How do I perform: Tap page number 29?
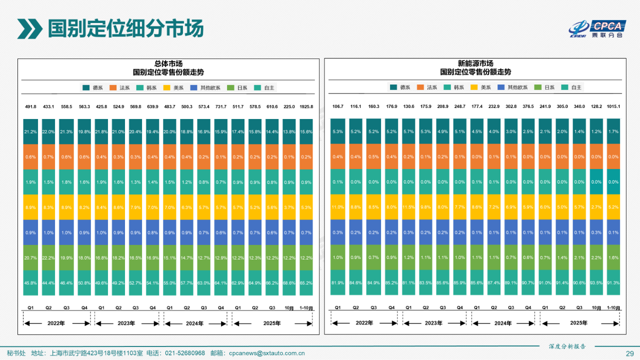pyautogui.click(x=629, y=353)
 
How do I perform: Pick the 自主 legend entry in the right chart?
pyautogui.click(x=571, y=87)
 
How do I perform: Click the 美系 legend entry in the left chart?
pyautogui.click(x=173, y=87)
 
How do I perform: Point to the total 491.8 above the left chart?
pyautogui.click(x=30, y=106)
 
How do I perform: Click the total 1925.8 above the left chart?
pyautogui.click(x=306, y=106)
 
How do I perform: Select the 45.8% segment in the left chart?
pyautogui.click(x=30, y=283)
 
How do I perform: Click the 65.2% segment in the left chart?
pyautogui.click(x=306, y=283)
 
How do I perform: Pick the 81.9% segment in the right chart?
pyautogui.click(x=337, y=283)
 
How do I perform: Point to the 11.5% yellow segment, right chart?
pyautogui.click(x=408, y=207)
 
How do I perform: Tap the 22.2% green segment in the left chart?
pyautogui.click(x=48, y=257)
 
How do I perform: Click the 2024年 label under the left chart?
pyautogui.click(x=195, y=323)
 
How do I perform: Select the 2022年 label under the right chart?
pyautogui.click(x=364, y=323)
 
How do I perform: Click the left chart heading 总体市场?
pyautogui.click(x=168, y=64)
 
